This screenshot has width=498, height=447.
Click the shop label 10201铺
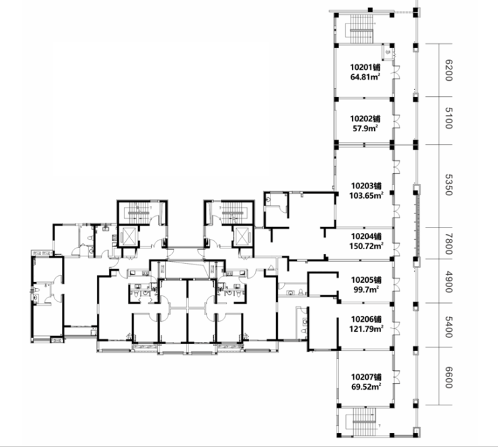(365, 67)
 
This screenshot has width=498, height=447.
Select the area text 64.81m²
(365, 77)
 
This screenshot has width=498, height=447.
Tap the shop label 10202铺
(365, 119)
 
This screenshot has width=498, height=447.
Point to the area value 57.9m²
(365, 129)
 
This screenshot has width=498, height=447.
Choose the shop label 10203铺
(366, 186)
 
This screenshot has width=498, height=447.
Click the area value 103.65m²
(366, 195)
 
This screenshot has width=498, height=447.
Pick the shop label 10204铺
(366, 236)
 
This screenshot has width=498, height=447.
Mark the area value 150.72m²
(366, 246)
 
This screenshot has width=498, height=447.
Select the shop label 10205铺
(366, 280)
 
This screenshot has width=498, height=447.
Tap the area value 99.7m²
(366, 289)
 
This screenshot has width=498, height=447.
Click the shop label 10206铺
(366, 319)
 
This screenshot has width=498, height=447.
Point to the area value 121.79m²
(366, 329)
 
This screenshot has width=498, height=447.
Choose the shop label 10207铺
(366, 377)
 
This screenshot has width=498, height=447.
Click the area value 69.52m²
(366, 386)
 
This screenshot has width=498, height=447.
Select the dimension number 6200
(448, 70)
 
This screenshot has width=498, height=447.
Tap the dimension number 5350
(448, 184)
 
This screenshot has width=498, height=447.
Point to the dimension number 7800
(448, 244)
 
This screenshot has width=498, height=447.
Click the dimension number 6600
(448, 378)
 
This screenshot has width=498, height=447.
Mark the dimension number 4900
(448, 282)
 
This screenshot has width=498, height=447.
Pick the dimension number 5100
(448, 118)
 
